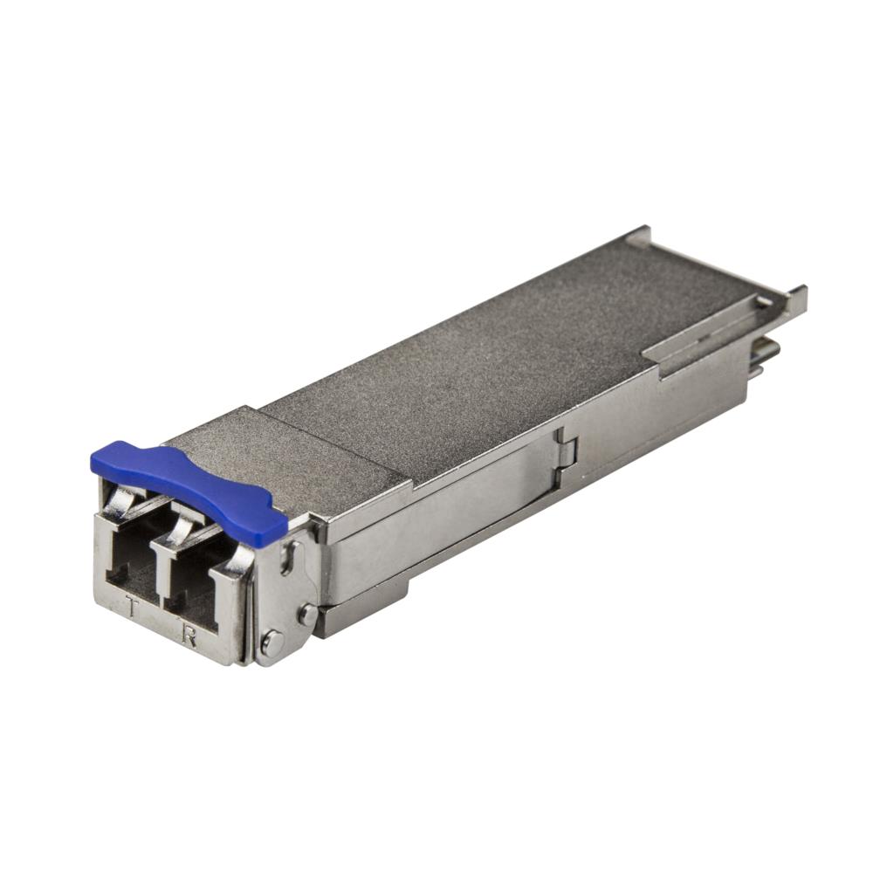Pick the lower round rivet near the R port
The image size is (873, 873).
(272, 644)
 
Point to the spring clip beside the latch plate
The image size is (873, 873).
(237, 555)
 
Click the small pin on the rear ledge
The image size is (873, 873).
(764, 301)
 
